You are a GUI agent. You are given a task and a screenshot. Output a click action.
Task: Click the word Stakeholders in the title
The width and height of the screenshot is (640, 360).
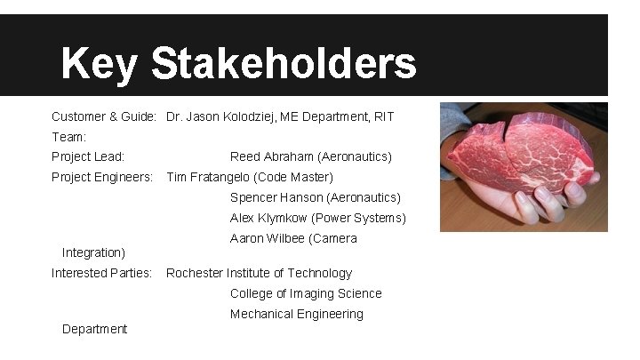pos(284,64)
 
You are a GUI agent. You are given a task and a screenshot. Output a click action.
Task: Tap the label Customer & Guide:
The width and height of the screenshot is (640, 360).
pos(104,116)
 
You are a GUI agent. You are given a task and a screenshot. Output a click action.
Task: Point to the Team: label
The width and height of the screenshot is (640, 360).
pos(68,137)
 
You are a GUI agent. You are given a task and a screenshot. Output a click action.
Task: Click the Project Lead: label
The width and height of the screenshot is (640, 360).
pos(88,156)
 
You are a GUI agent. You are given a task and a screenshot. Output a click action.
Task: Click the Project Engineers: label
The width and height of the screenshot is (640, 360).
pos(102,177)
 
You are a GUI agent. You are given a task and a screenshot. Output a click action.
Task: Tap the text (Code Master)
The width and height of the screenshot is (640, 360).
pos(293,177)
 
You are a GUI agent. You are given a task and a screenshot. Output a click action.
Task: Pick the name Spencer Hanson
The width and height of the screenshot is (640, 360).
pos(276,197)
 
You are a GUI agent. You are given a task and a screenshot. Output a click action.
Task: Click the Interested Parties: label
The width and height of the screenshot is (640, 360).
pos(101,273)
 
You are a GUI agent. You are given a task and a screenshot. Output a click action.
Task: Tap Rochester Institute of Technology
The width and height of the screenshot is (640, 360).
pos(259,273)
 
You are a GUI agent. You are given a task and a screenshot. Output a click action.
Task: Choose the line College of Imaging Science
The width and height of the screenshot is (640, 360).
pos(306,293)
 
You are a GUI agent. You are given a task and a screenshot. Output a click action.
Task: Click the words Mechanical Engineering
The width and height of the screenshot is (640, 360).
pos(297,314)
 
